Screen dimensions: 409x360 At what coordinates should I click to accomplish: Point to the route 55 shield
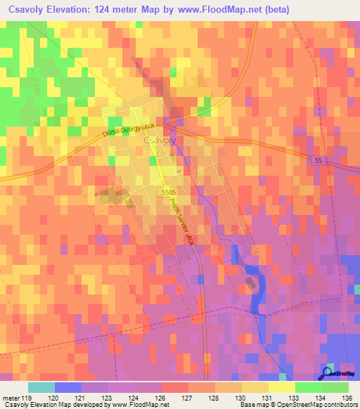319,161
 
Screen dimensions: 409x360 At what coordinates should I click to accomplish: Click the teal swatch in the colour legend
41,387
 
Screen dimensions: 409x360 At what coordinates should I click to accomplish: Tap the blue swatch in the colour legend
68,387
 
